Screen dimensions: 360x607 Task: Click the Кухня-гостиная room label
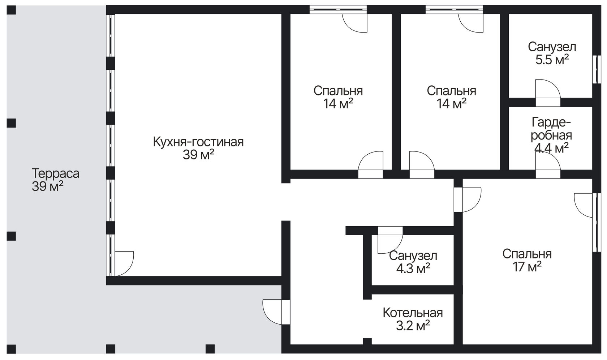click(198, 142)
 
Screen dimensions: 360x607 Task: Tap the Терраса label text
click(55, 173)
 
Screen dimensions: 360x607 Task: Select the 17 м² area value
click(526, 267)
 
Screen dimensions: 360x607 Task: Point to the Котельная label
click(413, 312)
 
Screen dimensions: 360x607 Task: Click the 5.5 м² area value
click(552, 60)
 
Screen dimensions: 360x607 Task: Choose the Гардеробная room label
click(551, 129)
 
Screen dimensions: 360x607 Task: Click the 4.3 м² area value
click(413, 269)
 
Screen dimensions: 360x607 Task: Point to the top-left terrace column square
click(12, 10)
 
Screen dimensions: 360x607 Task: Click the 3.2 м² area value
click(413, 326)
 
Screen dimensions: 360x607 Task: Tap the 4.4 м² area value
click(551, 148)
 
